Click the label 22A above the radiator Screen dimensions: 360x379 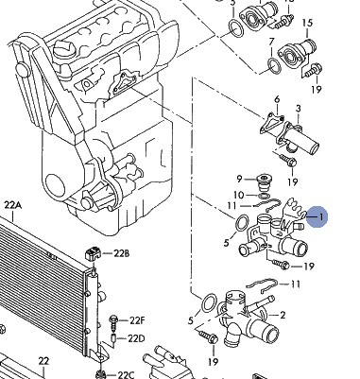(x=13, y=205)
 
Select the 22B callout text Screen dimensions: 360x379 (x=121, y=253)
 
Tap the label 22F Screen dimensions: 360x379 (x=137, y=320)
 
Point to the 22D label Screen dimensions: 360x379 (x=136, y=338)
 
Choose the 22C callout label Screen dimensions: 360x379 (x=126, y=375)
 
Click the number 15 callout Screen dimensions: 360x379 (x=307, y=24)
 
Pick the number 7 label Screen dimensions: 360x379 (x=271, y=42)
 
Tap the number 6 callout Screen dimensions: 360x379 (x=277, y=99)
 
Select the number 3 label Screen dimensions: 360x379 (x=298, y=109)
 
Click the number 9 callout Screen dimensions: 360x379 (x=239, y=179)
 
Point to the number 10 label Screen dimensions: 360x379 (x=239, y=195)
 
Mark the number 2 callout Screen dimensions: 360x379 (x=283, y=315)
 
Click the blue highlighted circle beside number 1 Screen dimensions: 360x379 (x=317, y=216)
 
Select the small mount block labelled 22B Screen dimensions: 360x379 (x=93, y=253)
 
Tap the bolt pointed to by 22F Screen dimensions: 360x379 (x=112, y=321)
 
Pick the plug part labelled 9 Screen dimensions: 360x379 (x=264, y=182)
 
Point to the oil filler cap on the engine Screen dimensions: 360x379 (x=63, y=49)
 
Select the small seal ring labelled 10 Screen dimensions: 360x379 (x=264, y=197)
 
